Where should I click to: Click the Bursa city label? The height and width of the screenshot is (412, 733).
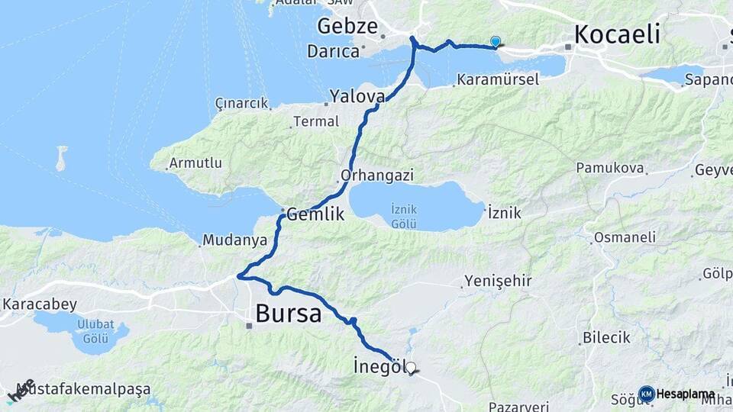(288, 314)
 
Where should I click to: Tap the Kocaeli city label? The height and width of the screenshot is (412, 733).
(617, 34)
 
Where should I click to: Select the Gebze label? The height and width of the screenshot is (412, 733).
(347, 27)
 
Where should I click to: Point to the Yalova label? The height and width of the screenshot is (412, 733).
(357, 96)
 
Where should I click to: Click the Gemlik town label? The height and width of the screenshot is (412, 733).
(316, 215)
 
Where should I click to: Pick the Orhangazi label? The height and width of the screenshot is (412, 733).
(377, 175)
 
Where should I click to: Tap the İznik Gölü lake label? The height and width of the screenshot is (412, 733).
(402, 215)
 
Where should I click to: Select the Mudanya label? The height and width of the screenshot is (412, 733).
(234, 240)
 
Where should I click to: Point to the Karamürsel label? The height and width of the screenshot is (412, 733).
(498, 79)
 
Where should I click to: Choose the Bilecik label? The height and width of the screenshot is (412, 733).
(606, 337)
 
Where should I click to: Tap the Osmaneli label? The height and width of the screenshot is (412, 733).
(625, 237)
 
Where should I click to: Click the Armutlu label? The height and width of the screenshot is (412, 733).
(195, 163)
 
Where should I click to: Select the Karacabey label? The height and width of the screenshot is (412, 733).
(39, 304)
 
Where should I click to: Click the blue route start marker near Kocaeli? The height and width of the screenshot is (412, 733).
(496, 42)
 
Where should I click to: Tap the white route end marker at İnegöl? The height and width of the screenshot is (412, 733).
(411, 369)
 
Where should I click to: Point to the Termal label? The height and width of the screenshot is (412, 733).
(315, 121)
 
